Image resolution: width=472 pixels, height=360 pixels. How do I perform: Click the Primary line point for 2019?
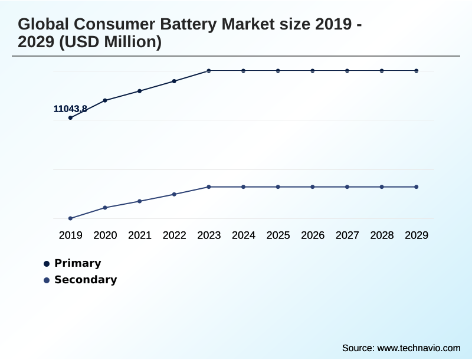tap(70, 117)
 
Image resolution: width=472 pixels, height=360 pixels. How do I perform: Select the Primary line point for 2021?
tap(140, 91)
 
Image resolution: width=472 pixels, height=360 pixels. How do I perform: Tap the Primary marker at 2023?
tap(209, 71)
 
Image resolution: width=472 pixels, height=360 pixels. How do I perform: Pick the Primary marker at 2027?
tap(347, 71)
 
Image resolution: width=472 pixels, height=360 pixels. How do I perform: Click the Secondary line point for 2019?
tap(70, 218)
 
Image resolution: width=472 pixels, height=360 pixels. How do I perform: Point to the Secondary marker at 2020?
tap(105, 208)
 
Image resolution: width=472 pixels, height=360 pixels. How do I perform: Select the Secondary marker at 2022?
tap(174, 194)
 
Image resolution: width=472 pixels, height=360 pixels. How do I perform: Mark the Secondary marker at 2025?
tap(278, 187)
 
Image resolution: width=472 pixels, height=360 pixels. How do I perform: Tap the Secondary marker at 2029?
tap(416, 187)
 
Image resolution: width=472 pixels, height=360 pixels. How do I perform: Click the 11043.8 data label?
tap(70, 109)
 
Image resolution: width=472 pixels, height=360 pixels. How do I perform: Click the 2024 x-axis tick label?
tap(243, 235)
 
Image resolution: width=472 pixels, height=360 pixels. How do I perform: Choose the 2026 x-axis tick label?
tap(313, 235)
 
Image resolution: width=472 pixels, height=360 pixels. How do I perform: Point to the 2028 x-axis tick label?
tap(382, 235)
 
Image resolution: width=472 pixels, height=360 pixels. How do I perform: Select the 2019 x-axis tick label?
tap(70, 235)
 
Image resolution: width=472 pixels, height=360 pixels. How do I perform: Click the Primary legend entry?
tap(77, 263)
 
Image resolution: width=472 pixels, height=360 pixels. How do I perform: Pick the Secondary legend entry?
tap(85, 280)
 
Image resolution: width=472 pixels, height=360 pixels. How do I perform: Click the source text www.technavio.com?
tap(418, 348)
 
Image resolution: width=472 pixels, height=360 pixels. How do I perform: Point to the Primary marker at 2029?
tap(416, 71)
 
